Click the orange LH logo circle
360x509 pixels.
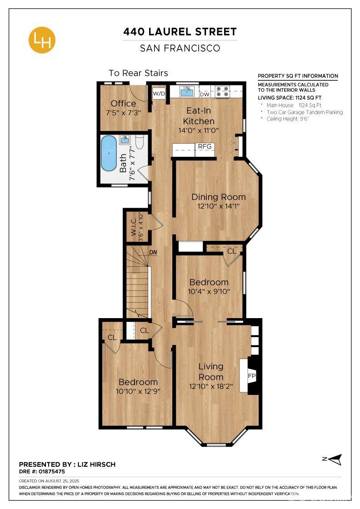pos(42,40)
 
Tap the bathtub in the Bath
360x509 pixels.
pos(109,153)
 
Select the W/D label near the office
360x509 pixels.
pos(159,94)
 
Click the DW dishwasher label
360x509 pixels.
pos(205,94)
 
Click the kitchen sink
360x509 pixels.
pos(187,91)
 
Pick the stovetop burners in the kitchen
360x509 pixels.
pos(222,91)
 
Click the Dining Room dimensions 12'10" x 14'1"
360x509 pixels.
pos(218,206)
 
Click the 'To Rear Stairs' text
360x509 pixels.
pos(138,73)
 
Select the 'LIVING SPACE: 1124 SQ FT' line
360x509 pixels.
pos(290,97)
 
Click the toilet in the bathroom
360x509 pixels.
pos(140,143)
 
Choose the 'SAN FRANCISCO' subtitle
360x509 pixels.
pos(180,48)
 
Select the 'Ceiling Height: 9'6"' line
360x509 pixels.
pos(289,119)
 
